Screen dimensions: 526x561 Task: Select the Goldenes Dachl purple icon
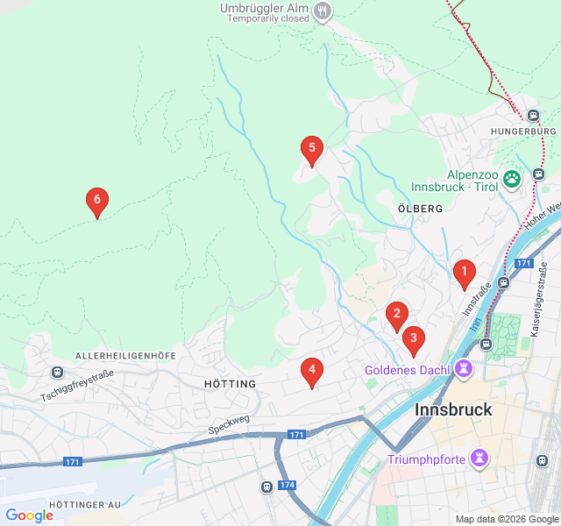[x=465, y=369]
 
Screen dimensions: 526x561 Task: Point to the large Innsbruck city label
[x=453, y=409]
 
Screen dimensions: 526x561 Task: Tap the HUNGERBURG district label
[x=519, y=131]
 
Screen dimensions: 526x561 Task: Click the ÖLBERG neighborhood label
[x=420, y=209]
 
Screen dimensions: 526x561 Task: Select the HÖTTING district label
[x=230, y=384]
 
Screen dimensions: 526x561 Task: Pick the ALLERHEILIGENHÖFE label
[x=126, y=356]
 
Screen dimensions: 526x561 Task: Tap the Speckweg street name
[x=229, y=424]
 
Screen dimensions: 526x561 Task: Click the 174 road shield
[x=288, y=485]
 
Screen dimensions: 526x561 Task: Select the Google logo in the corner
[x=29, y=515]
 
